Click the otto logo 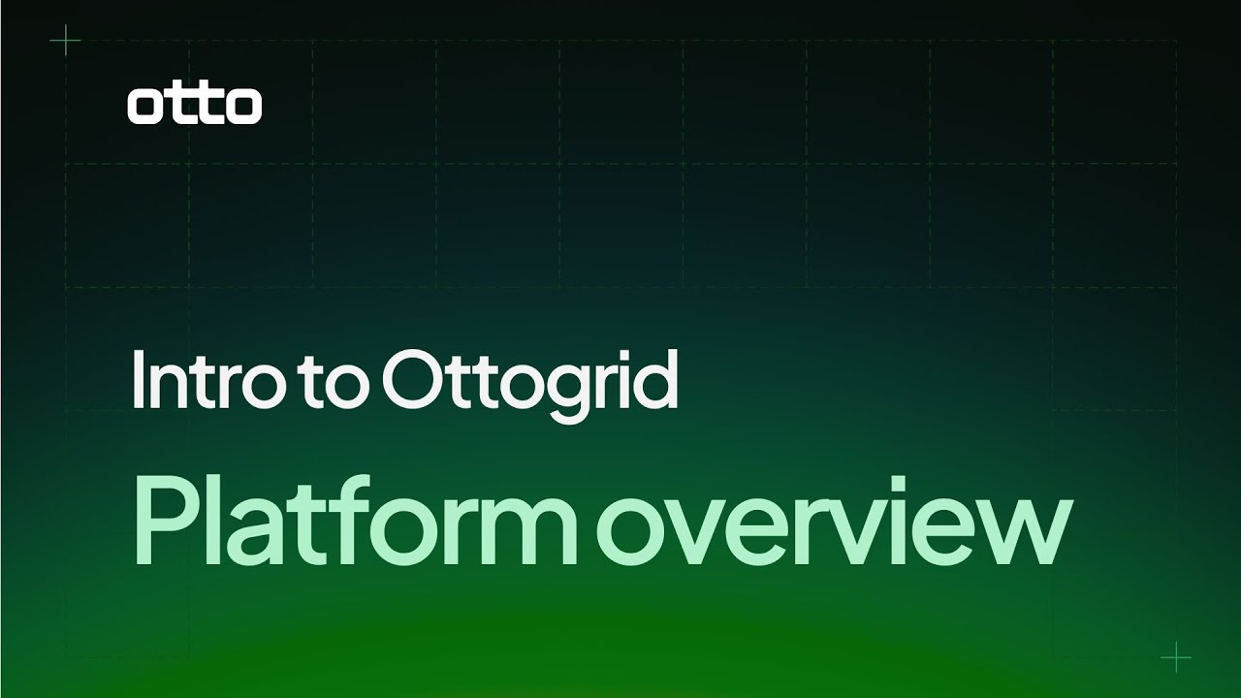click(x=195, y=106)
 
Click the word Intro click(x=204, y=379)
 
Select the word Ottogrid click(x=530, y=386)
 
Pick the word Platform click(x=355, y=520)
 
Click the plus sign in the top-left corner click(x=65, y=40)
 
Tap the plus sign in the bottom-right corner click(x=1176, y=657)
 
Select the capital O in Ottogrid click(x=413, y=380)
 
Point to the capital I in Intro click(x=138, y=380)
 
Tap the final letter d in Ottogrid click(x=652, y=380)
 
